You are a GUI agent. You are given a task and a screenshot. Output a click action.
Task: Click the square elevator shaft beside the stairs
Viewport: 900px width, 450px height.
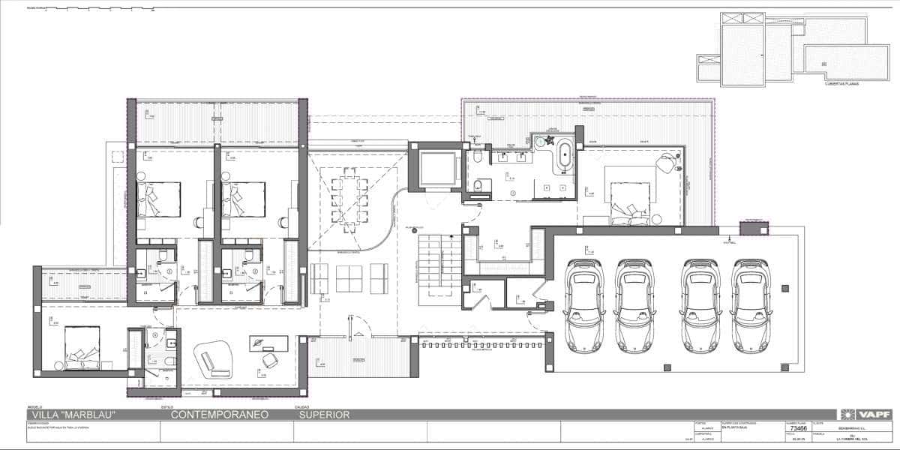point(437,167)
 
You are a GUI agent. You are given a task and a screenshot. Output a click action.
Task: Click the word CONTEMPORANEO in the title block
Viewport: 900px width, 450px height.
point(216,414)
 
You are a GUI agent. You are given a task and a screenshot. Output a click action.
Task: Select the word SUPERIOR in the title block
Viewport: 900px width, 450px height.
point(324,414)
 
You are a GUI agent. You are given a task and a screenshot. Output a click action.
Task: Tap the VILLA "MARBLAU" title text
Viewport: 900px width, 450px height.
point(73,414)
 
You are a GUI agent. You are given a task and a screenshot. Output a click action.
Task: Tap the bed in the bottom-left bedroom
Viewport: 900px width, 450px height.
point(82,347)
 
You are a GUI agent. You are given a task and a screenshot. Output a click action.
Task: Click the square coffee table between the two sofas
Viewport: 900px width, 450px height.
point(349,278)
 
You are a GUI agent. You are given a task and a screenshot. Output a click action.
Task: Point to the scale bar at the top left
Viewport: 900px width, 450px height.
point(90,10)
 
